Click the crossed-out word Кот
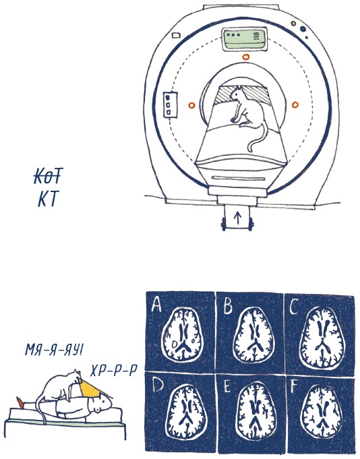point(48,176)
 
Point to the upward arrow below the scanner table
point(237,218)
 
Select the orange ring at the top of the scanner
point(245,57)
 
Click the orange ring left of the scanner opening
point(191,105)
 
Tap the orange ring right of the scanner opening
point(295,104)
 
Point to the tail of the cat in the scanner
point(257,137)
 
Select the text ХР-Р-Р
point(113,372)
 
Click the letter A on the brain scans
point(156,305)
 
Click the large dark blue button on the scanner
point(303,29)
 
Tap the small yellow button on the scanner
point(293,24)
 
